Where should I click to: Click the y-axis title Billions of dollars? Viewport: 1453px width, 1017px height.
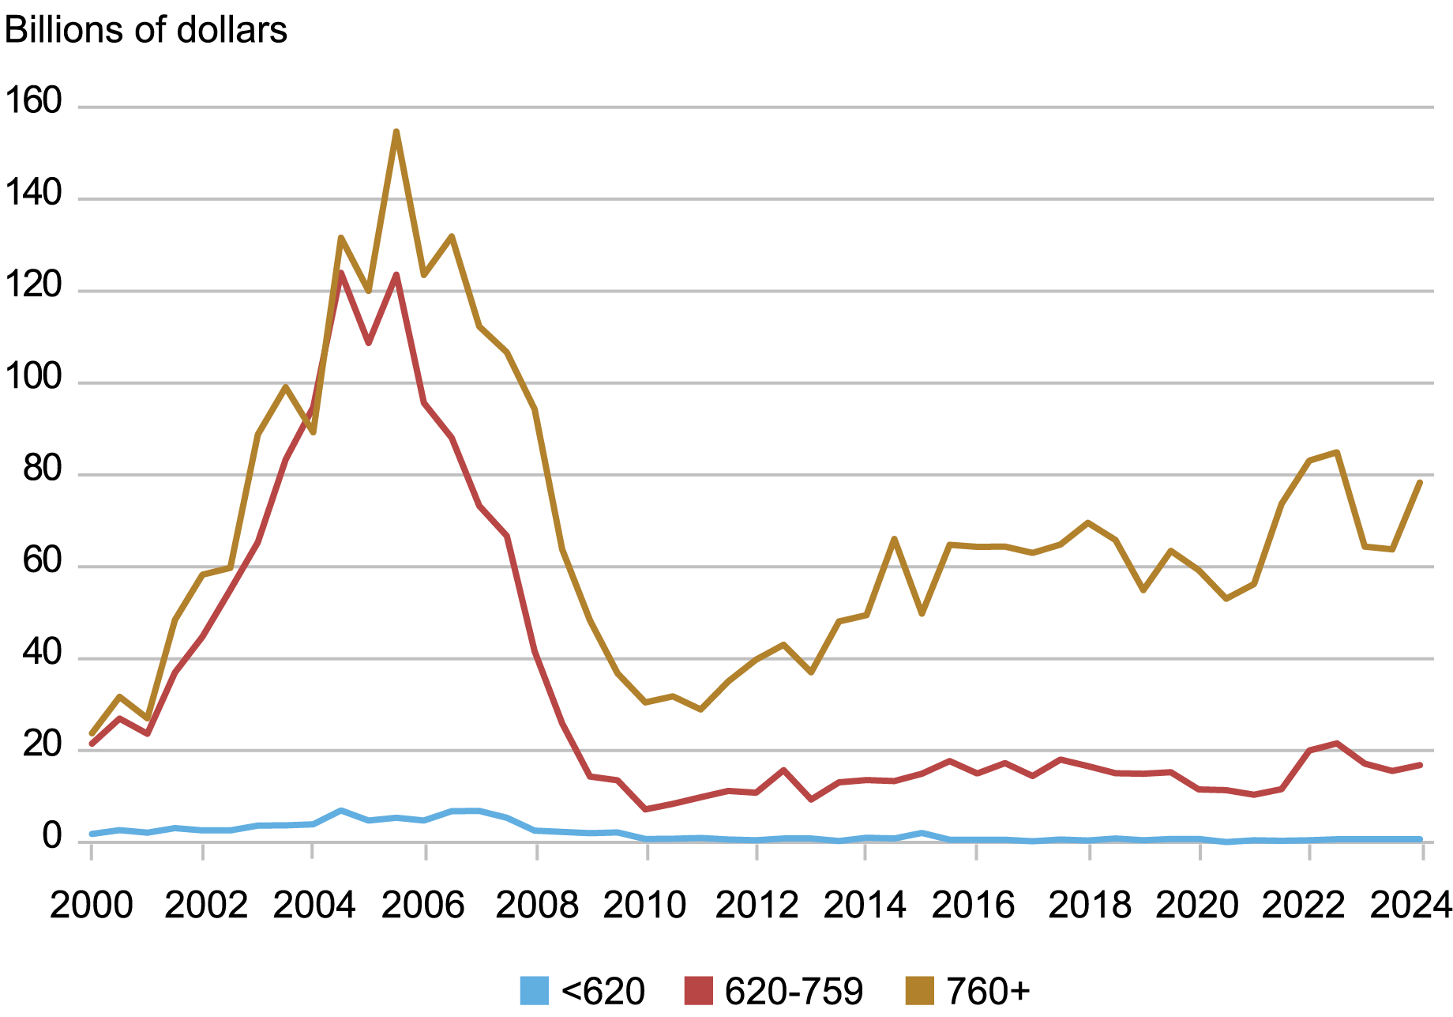tap(146, 31)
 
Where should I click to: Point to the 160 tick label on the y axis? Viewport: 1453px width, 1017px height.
tap(33, 102)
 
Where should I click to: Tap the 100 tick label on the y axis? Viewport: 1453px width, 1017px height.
tap(33, 378)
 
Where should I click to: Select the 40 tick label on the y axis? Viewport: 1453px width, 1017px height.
tap(42, 654)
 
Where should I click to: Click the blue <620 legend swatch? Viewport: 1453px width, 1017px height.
tap(535, 991)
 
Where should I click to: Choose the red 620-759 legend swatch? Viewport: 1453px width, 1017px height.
tap(698, 991)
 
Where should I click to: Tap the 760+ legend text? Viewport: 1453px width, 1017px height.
tap(988, 991)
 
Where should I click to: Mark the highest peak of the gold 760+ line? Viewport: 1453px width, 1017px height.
tap(396, 131)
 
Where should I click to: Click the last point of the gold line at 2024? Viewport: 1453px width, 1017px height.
tap(1421, 482)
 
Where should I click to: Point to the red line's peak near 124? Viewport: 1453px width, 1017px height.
tap(341, 273)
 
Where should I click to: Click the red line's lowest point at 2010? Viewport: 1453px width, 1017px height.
tap(646, 809)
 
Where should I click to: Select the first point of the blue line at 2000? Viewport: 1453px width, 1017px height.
tap(92, 834)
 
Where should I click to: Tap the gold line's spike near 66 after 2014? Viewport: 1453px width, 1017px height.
tap(894, 539)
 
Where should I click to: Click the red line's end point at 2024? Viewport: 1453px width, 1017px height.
tap(1421, 765)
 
